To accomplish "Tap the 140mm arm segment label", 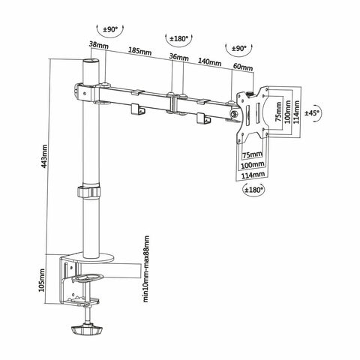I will (x=209, y=63).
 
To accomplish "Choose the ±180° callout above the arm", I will (x=176, y=36).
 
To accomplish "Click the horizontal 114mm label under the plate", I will (x=253, y=175).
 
